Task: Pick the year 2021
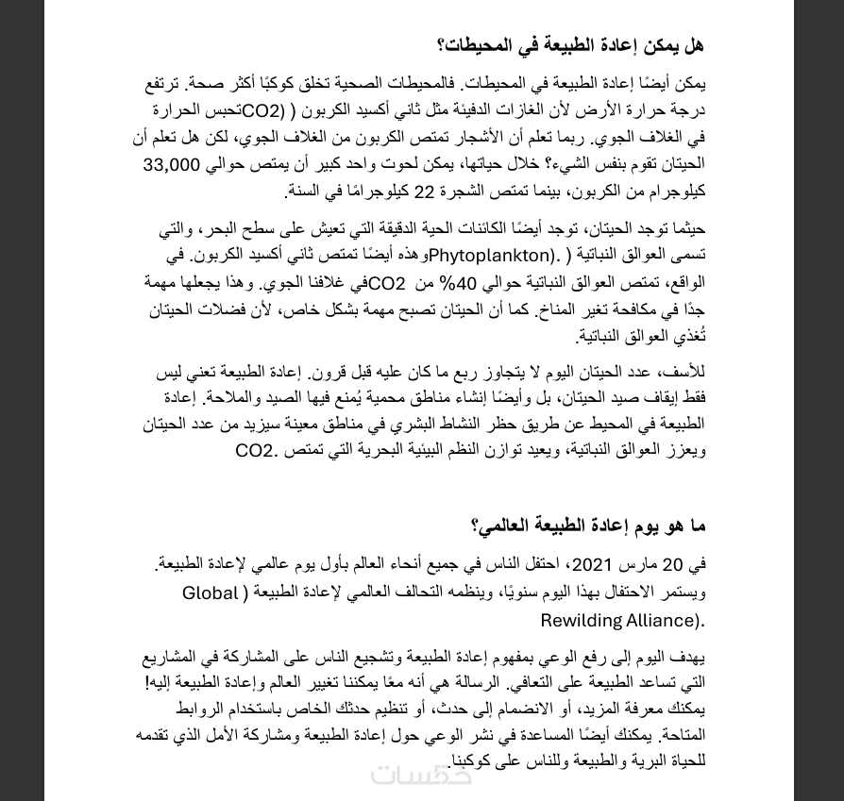[593, 565]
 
